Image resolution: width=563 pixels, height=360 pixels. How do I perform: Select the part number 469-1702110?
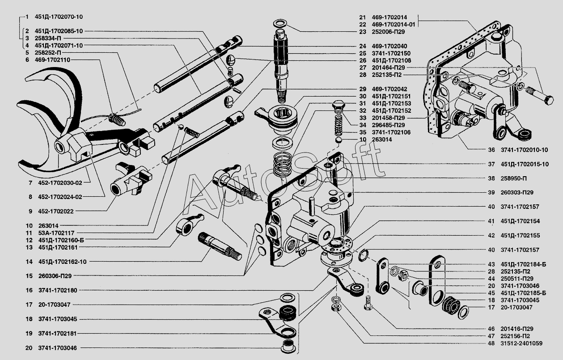click(x=52, y=59)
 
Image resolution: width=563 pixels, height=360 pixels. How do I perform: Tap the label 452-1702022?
click(x=56, y=211)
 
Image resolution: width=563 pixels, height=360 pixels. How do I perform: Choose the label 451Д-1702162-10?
click(x=62, y=262)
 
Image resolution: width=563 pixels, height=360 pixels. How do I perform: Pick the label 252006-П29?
click(x=388, y=32)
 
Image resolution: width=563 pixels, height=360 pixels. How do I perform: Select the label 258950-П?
click(x=513, y=178)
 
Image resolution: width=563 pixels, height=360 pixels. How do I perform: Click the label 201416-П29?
click(x=516, y=328)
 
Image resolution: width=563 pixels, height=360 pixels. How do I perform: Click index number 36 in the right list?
click(x=491, y=150)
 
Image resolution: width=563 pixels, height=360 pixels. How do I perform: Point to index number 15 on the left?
click(x=29, y=276)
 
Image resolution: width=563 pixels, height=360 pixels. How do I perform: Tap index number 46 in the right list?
click(x=491, y=328)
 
